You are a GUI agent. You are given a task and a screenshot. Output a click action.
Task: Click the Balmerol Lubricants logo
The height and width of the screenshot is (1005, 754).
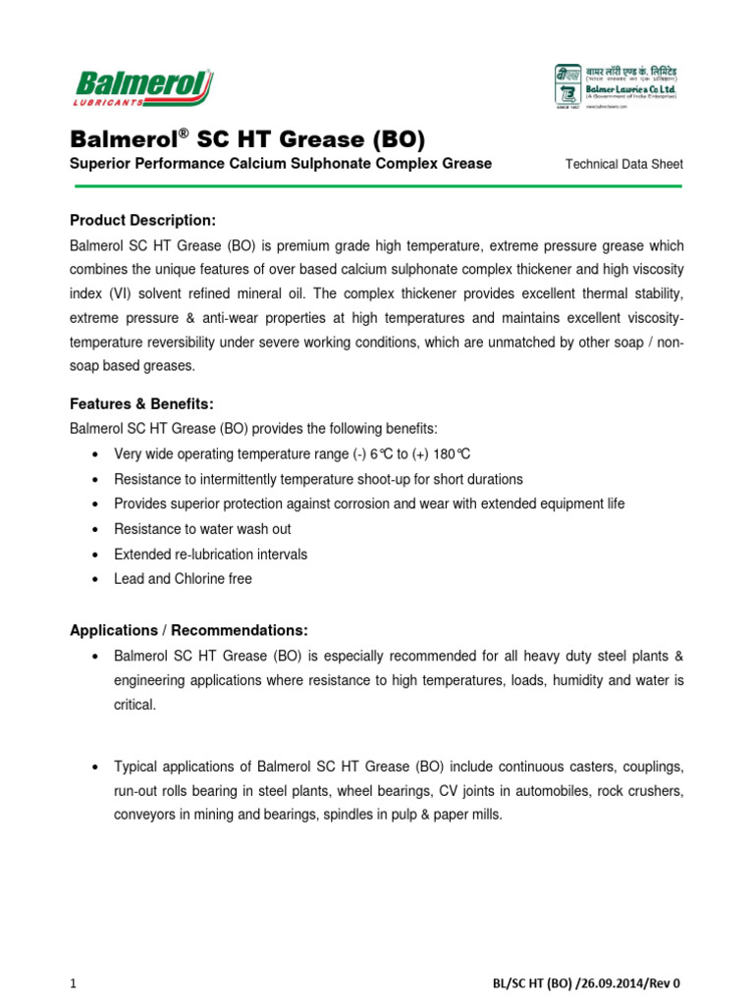[141, 87]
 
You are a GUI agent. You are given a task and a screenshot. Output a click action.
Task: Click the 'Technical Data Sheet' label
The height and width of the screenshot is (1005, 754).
[624, 164]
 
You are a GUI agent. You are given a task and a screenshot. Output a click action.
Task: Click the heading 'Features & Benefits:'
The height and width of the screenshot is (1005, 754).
[141, 403]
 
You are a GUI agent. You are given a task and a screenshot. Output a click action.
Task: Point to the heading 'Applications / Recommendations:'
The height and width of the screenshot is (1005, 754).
[188, 629]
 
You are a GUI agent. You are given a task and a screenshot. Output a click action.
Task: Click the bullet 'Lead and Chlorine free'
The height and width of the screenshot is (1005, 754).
[183, 579]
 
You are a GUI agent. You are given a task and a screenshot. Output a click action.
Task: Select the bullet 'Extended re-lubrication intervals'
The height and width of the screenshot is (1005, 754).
[210, 555]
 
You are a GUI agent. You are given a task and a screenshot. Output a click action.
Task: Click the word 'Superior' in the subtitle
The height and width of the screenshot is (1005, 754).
[103, 164]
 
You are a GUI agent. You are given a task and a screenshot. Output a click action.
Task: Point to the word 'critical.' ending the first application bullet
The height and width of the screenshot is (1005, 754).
[135, 705]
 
